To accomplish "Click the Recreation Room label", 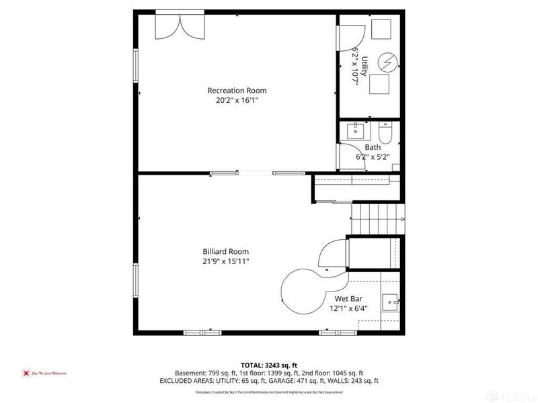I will (237, 91).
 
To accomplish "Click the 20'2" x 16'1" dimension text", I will (237, 101).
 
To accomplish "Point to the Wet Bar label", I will (348, 299).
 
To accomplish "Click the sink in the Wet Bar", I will (389, 302).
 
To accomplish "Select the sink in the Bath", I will (356, 130).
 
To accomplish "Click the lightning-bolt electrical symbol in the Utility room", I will (388, 62).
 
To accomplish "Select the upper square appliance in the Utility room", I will (381, 29).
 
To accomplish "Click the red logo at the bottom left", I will (26, 373).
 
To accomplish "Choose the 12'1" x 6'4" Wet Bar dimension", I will (348, 309).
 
